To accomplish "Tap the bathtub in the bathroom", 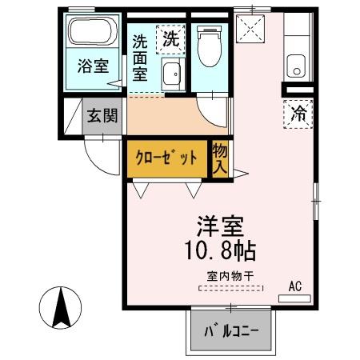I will click(93, 33).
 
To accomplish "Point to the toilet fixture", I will click(206, 46).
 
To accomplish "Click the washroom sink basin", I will click(170, 76).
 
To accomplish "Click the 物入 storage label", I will click(218, 158).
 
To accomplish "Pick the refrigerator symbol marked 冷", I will click(298, 114).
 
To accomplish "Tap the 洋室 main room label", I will click(220, 227).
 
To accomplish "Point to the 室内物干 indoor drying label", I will click(230, 277).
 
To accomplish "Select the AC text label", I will click(294, 286).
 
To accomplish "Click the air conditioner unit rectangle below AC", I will click(294, 298).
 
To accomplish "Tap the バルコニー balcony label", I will click(230, 331).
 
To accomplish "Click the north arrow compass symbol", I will click(60, 308).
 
